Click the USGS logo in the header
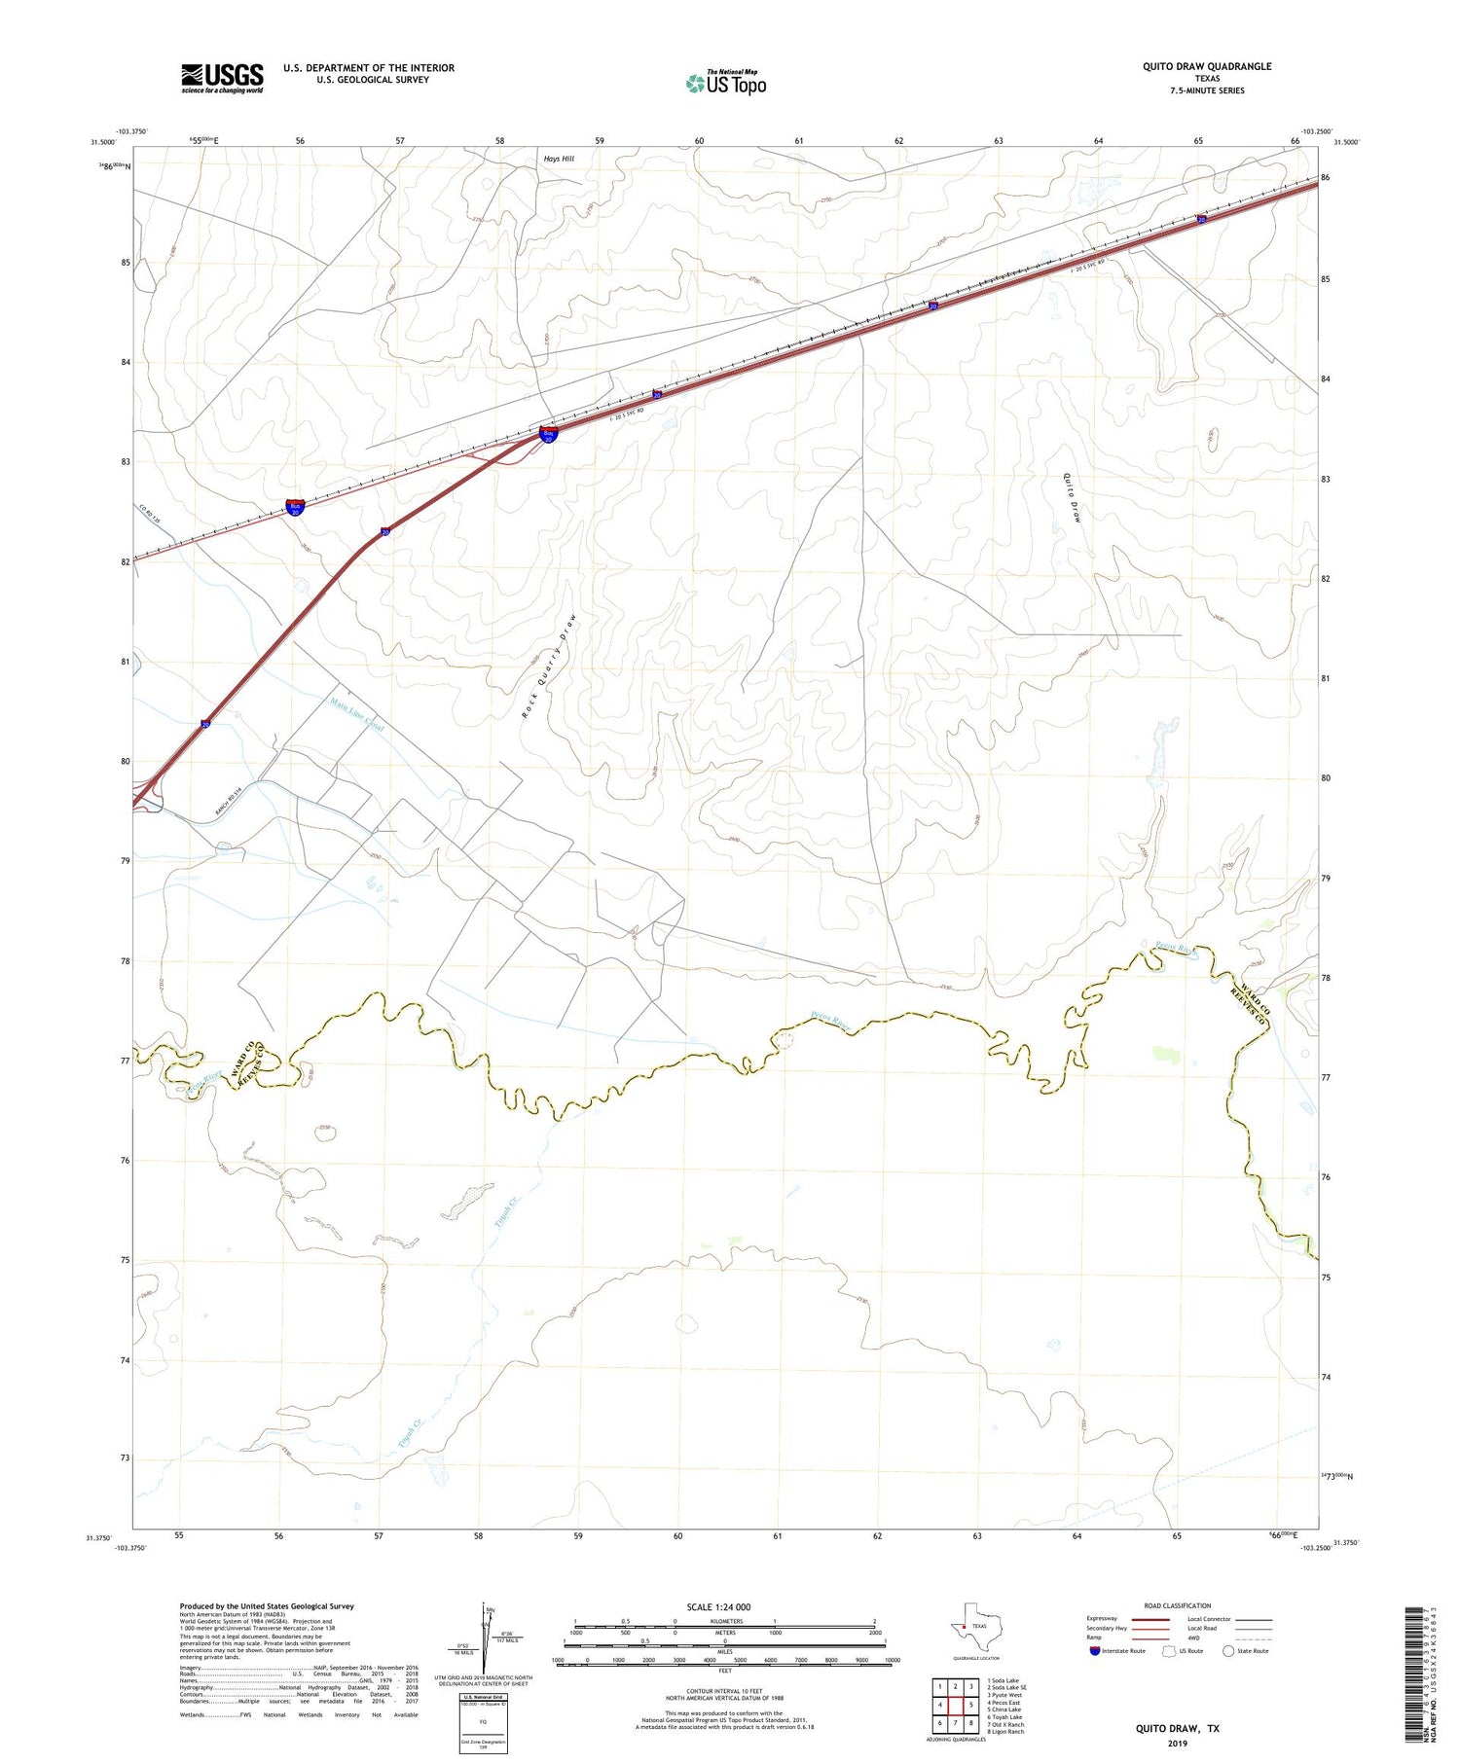pos(222,78)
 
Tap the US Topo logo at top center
pos(726,83)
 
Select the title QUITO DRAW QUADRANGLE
pos(1193,66)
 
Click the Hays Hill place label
pos(559,158)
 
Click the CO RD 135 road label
pos(148,515)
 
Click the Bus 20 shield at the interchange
pos(549,435)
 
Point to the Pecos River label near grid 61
pos(829,1022)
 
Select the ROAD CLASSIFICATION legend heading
pos(1178,1605)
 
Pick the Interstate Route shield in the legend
pos(1095,1651)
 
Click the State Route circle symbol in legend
pos(1228,1651)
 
